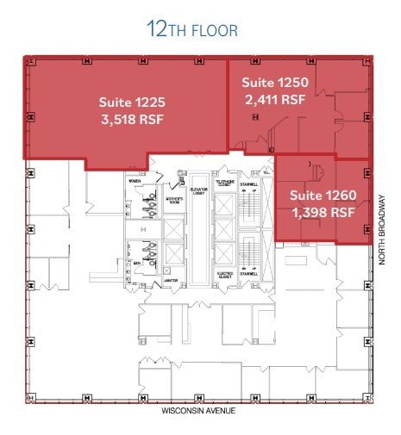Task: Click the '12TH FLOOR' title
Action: [191, 30]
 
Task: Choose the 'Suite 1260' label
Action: [323, 195]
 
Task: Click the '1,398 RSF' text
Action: [323, 211]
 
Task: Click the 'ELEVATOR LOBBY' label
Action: [197, 193]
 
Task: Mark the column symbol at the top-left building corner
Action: [28, 62]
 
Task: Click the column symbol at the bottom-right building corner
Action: [370, 399]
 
